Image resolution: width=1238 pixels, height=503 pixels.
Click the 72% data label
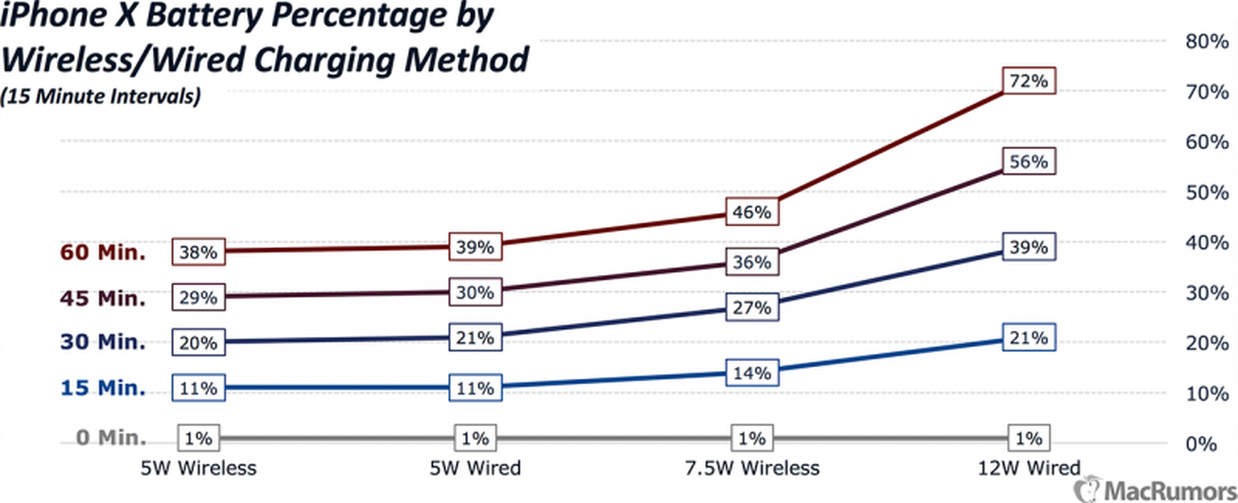click(x=1028, y=81)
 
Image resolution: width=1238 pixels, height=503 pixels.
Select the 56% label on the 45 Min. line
click(x=1028, y=162)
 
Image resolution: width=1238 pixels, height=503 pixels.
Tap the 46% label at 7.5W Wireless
click(x=751, y=212)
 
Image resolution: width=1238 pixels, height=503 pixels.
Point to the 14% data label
click(x=751, y=373)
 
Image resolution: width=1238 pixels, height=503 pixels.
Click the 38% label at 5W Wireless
click(x=198, y=252)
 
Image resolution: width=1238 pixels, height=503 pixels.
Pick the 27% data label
click(x=751, y=307)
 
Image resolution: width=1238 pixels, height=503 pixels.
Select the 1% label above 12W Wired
click(x=1028, y=439)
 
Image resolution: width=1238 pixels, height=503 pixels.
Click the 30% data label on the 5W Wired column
click(x=474, y=293)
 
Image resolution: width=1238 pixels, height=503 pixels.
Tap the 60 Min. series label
click(x=103, y=252)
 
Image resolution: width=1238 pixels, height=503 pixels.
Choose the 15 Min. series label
click(x=103, y=388)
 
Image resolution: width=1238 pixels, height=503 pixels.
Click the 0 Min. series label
click(x=111, y=438)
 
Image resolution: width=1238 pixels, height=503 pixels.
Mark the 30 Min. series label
click(x=103, y=342)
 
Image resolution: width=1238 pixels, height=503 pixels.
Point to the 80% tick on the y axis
click(x=1206, y=41)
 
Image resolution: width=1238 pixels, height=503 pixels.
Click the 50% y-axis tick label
click(x=1206, y=192)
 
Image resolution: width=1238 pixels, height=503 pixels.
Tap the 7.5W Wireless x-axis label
click(x=751, y=468)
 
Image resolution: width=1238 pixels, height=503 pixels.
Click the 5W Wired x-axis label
click(x=475, y=468)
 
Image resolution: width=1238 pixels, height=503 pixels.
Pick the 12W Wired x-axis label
click(x=1028, y=468)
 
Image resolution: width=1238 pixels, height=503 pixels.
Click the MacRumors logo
click(x=1156, y=490)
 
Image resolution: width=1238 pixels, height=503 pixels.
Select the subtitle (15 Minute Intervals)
click(x=101, y=97)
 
